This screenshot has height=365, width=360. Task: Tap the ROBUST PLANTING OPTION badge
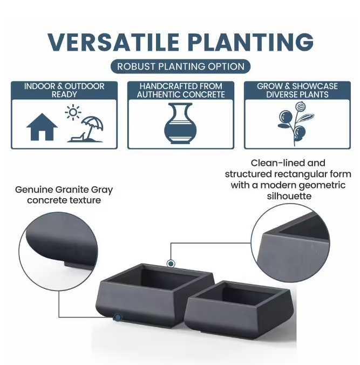[x=180, y=67]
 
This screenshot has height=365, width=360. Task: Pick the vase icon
[x=180, y=124]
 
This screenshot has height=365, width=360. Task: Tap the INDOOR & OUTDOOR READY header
[x=64, y=90]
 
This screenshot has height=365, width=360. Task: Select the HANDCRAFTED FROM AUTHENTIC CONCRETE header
[x=181, y=90]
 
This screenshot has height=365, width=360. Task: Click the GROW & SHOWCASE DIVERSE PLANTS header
[x=297, y=90]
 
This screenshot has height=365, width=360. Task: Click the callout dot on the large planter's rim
[x=171, y=263]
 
